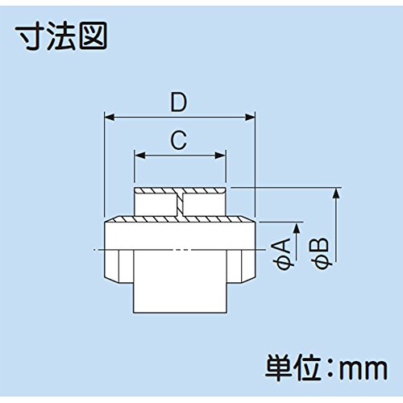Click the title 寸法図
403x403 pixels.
pos(61,36)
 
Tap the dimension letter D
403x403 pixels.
pos(179,102)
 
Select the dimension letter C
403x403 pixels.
pos(179,139)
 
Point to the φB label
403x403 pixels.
pos(322,253)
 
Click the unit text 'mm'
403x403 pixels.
pos(364,368)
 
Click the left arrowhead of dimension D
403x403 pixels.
pos(110,118)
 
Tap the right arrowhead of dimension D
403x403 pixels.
pos(250,118)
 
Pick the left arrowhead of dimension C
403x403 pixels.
pos(139,156)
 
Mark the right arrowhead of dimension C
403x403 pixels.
pos(220,156)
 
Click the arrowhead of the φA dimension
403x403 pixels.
pos(297,228)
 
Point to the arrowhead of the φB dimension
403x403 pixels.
pos(335,193)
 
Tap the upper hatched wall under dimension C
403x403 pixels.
pos(180,191)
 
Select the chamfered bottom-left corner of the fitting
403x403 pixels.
pos(110,280)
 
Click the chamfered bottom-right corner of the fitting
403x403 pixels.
pos(248,280)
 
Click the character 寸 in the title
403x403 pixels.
pos(30,36)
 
